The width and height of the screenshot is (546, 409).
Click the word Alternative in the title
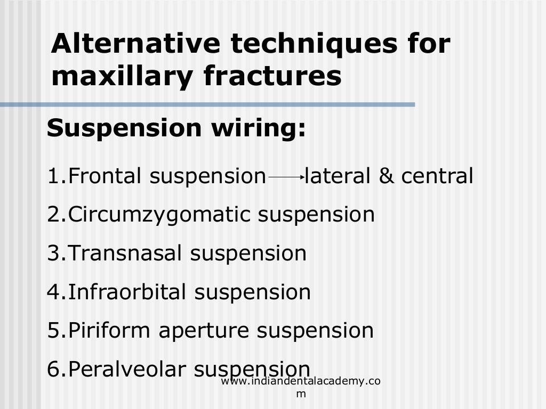(x=136, y=44)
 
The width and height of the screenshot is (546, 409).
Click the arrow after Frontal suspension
(x=286, y=176)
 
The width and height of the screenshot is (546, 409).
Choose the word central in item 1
(x=437, y=176)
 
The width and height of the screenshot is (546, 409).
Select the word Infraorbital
(x=128, y=292)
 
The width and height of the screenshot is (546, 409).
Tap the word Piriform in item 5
(x=110, y=330)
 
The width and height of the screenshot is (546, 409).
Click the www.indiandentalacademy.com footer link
(x=301, y=387)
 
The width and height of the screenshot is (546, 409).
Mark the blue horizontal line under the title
(x=208, y=105)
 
